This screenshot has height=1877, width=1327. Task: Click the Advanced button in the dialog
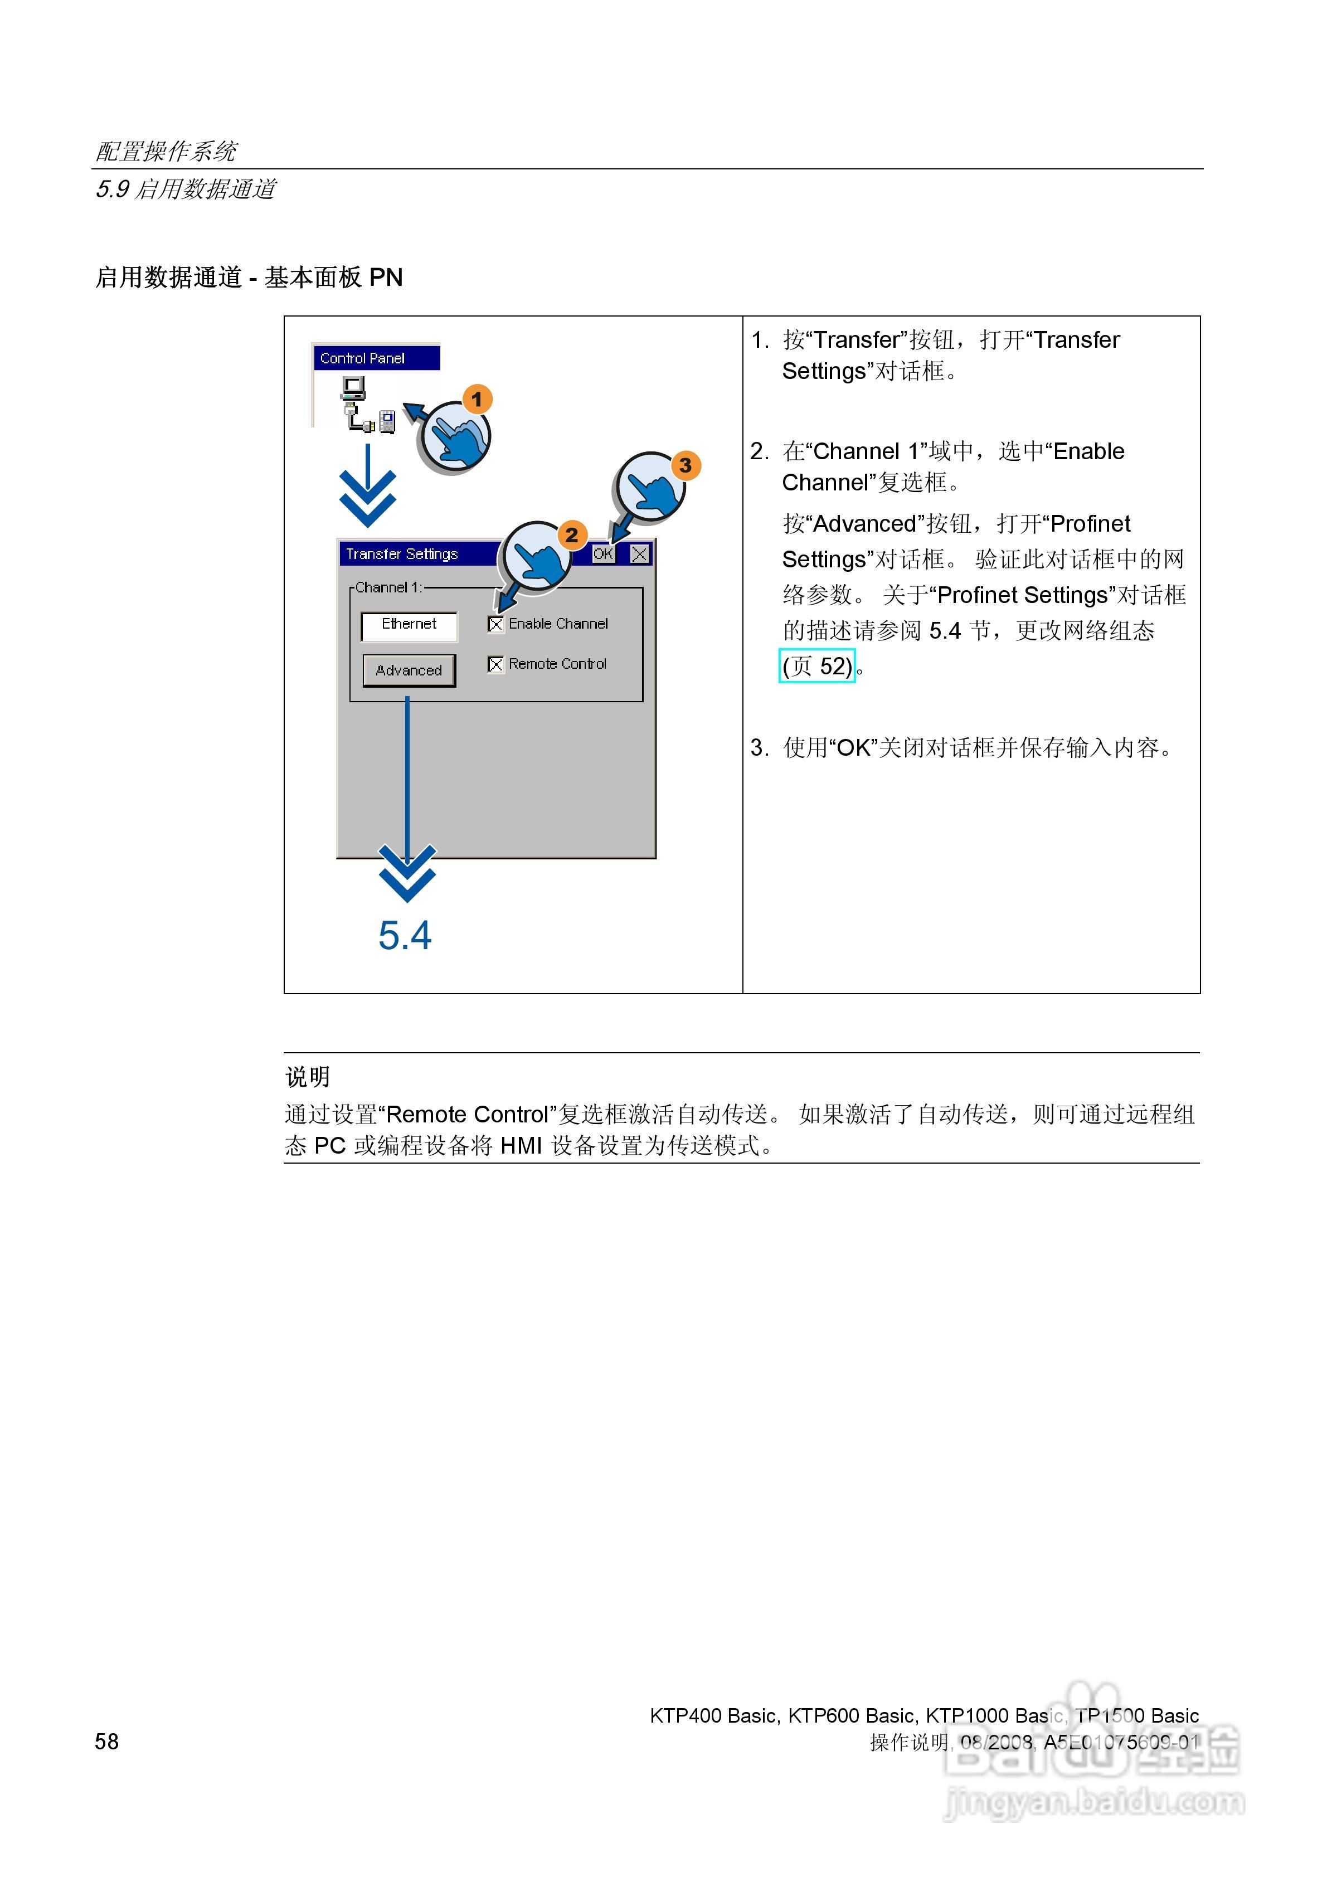point(409,670)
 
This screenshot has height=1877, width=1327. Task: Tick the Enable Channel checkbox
point(495,625)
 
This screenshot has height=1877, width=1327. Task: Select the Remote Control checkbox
point(495,665)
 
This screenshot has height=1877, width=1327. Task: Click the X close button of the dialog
point(639,555)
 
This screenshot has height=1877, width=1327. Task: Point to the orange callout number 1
point(477,400)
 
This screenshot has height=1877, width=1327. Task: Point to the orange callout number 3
point(685,466)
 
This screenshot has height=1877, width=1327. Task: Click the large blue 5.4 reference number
point(405,935)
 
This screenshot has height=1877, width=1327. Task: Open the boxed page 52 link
point(817,667)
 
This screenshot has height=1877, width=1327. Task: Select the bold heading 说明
point(308,1077)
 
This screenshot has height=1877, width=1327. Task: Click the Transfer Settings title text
point(401,555)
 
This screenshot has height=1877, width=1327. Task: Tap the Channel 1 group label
point(388,588)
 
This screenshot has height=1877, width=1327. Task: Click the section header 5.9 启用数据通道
point(186,189)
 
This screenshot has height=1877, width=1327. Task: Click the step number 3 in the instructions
point(758,748)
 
